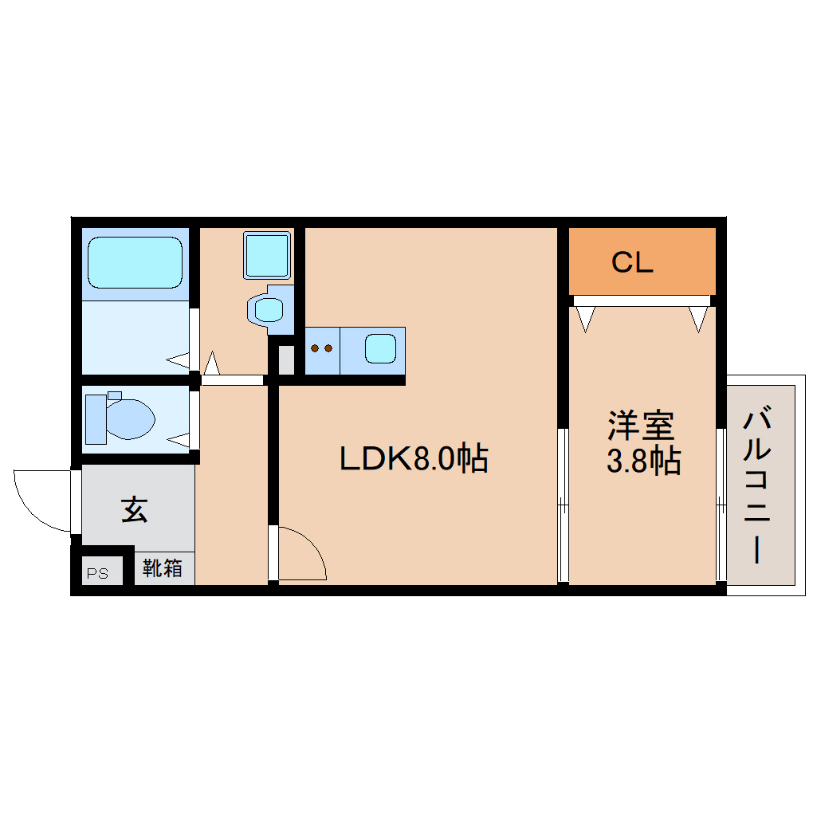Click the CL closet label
click(632, 262)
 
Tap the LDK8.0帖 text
click(414, 458)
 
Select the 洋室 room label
click(641, 425)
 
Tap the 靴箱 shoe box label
click(163, 568)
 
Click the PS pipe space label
click(97, 572)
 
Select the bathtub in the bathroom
click(135, 262)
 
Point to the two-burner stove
click(322, 349)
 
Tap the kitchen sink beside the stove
click(380, 348)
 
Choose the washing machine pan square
click(267, 255)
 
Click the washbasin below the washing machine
click(269, 308)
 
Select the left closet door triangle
click(587, 319)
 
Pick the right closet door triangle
click(699, 319)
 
